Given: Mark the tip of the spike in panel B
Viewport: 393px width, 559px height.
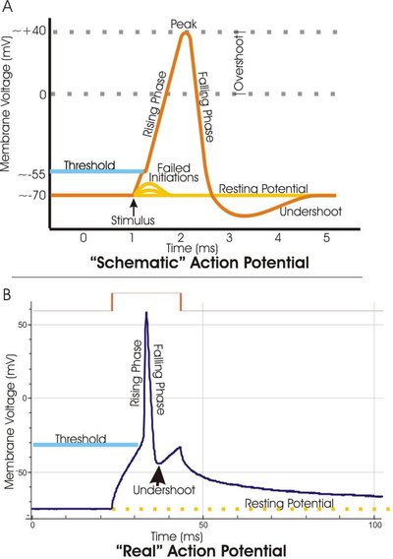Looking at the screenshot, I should tap(146, 313).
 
